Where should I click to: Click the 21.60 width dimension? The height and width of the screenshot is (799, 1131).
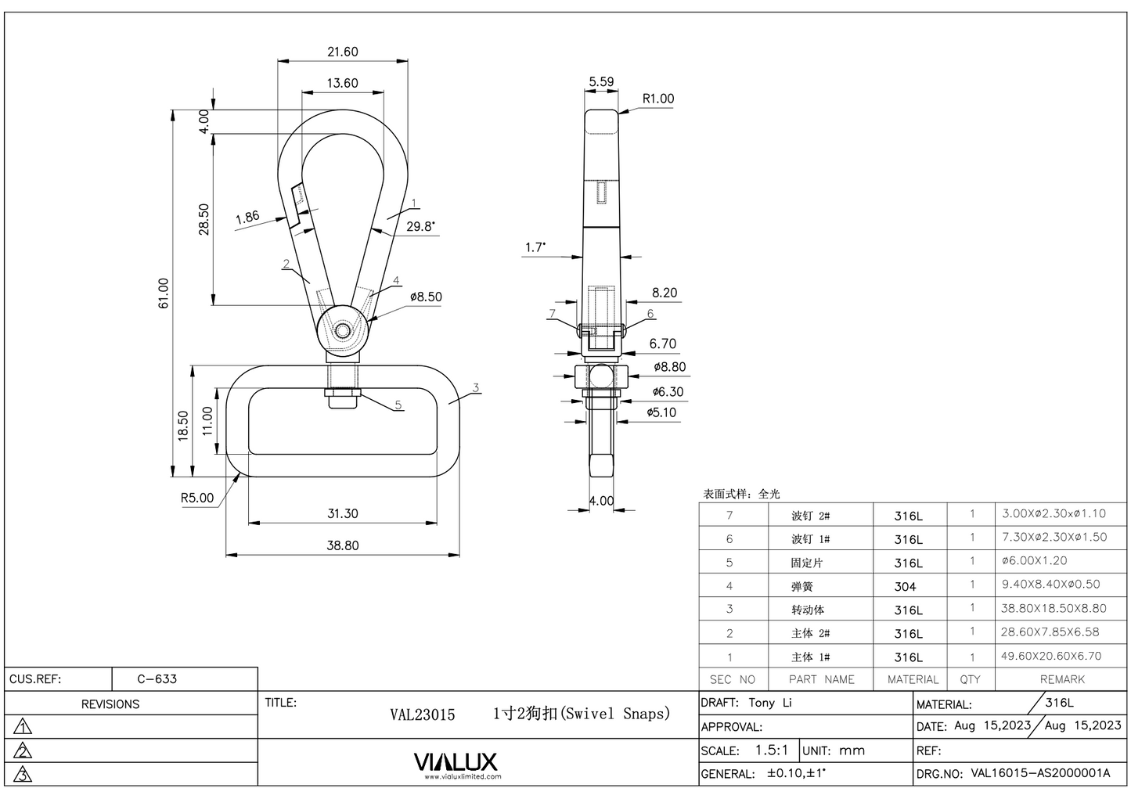tap(342, 52)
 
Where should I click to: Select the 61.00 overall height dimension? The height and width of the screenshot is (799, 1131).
tap(164, 293)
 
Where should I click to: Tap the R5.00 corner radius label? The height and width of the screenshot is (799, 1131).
tap(196, 498)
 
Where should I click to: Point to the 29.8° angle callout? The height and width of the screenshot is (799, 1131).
tap(420, 226)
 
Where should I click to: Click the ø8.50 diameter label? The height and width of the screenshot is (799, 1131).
tap(426, 297)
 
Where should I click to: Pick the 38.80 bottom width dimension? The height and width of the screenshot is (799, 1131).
tap(342, 545)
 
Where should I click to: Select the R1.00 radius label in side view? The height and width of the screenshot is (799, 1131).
tap(657, 99)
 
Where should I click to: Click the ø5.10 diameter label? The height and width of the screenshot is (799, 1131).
tap(661, 412)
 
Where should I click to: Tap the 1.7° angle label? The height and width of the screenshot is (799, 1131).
tap(535, 247)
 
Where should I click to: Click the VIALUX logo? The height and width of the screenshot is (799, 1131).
tap(455, 762)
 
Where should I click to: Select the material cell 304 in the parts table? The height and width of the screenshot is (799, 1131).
tap(905, 586)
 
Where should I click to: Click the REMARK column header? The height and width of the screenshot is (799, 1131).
tap(1062, 679)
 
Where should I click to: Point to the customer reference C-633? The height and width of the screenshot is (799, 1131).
tap(157, 678)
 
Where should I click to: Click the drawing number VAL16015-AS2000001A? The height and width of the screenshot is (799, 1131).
tap(1040, 773)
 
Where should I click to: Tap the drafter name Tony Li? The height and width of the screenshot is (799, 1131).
tap(770, 703)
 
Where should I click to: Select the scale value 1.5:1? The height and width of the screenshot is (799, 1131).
tap(771, 750)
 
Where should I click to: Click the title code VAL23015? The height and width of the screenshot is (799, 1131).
tap(422, 714)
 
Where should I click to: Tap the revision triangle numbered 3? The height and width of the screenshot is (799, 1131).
tap(23, 775)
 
